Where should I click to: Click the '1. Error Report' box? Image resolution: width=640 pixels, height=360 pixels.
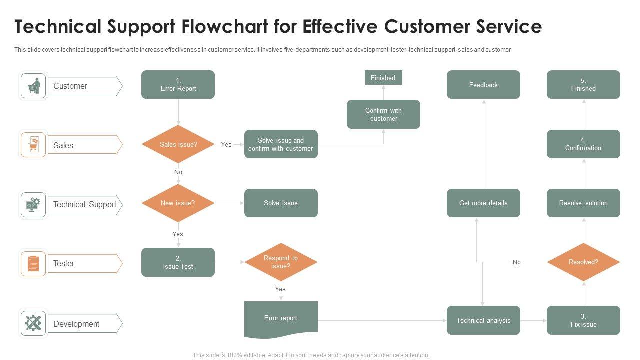click(178, 84)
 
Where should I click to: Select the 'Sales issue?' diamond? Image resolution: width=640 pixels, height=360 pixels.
click(178, 144)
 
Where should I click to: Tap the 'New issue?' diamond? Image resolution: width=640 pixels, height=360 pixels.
click(178, 203)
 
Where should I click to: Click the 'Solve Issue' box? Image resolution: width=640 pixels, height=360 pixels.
click(281, 203)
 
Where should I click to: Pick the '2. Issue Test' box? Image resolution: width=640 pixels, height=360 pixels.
click(178, 262)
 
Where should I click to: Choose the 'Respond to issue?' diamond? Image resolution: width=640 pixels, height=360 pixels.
click(281, 262)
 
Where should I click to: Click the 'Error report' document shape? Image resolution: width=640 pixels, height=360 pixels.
click(281, 319)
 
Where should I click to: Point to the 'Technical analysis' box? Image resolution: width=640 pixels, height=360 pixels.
click(483, 320)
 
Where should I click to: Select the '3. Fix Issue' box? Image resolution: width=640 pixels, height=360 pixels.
click(583, 320)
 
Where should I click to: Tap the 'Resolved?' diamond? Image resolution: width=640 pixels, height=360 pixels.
click(583, 262)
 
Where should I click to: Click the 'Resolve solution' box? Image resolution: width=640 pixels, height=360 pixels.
click(583, 203)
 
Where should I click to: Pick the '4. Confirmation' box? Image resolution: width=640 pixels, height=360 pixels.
click(583, 144)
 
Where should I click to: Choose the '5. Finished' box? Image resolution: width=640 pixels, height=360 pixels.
click(583, 84)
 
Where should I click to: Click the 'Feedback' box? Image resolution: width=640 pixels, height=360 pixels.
click(483, 84)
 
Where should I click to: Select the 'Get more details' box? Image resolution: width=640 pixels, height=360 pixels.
click(483, 203)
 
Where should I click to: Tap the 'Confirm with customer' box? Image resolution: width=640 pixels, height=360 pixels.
click(383, 114)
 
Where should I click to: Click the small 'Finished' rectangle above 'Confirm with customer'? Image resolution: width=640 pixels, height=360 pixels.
click(383, 78)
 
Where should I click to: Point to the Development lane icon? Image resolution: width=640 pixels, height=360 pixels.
click(33, 323)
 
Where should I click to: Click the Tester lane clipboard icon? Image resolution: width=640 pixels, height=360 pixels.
click(33, 263)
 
